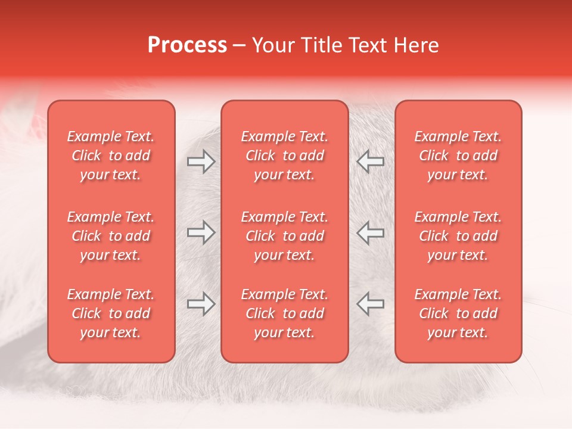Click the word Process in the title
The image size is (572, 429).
187,45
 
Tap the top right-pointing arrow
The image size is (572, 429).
201,161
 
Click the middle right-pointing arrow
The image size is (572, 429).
201,232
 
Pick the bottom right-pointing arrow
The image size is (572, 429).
201,303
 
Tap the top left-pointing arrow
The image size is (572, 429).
371,161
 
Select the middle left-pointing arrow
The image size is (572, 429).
371,232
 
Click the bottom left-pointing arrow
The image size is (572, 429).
371,303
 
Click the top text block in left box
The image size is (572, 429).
111,156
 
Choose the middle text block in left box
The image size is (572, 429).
111,236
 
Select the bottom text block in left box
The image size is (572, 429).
111,313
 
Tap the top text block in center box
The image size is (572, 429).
285,156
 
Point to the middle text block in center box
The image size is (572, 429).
285,236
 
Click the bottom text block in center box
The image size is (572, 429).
285,313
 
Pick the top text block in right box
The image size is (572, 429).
458,156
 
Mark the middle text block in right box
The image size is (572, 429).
458,236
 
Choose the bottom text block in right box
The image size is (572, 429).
458,313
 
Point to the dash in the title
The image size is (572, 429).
240,46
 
